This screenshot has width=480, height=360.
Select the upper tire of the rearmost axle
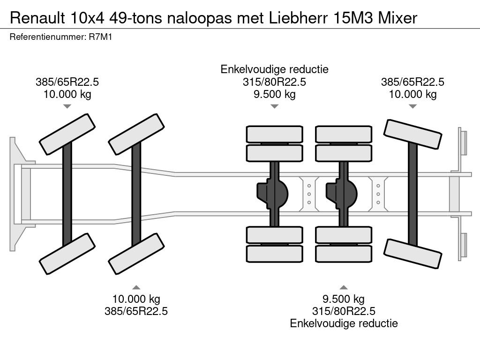[412, 135]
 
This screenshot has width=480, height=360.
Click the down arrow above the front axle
[67, 106]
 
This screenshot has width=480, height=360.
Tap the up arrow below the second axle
[136, 287]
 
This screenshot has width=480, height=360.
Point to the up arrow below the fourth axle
[344, 287]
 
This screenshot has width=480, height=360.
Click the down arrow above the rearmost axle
[412, 106]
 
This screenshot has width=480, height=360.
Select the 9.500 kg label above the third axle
[275, 94]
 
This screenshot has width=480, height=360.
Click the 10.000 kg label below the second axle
[136, 299]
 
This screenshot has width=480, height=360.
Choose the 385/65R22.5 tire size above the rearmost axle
[412, 82]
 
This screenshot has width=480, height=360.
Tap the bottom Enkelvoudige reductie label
[344, 323]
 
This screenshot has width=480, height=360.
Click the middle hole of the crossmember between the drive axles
[309, 193]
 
